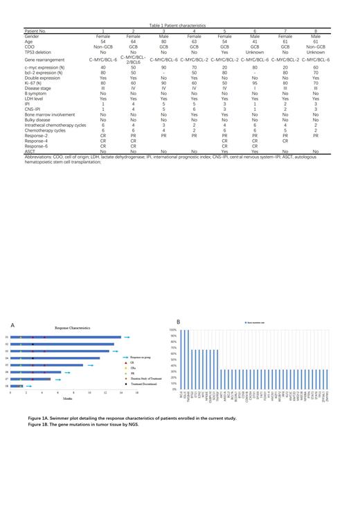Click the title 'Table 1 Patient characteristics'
tap(179, 6)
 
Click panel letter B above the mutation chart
tap(179, 322)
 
